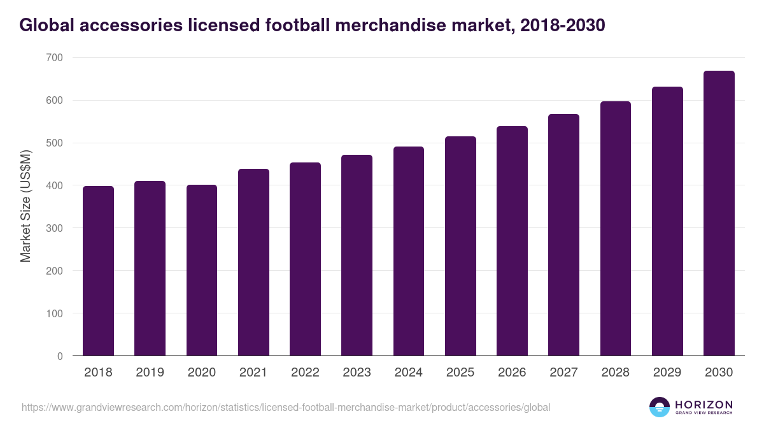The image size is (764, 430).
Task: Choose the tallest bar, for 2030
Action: (719, 213)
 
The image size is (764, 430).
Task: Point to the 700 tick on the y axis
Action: (55, 58)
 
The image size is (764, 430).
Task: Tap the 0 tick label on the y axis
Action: (60, 356)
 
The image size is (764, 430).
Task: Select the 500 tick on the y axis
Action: (55, 143)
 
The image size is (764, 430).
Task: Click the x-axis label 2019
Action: (150, 373)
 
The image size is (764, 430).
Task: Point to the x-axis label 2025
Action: (460, 373)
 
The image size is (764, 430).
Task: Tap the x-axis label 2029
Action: (667, 373)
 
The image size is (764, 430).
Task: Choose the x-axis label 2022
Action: (305, 373)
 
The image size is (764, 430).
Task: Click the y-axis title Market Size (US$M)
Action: (25, 206)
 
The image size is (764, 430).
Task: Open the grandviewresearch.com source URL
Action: (286, 407)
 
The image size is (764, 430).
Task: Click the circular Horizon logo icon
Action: (660, 407)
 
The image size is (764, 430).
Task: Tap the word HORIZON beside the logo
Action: (704, 405)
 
